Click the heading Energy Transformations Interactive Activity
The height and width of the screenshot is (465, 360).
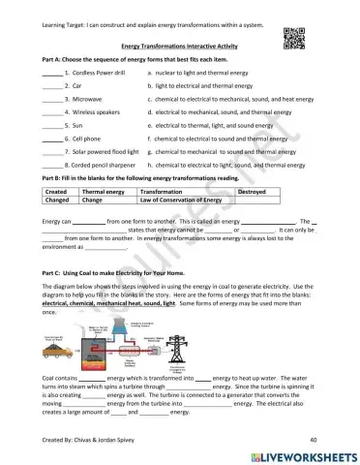(x=181, y=46)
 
